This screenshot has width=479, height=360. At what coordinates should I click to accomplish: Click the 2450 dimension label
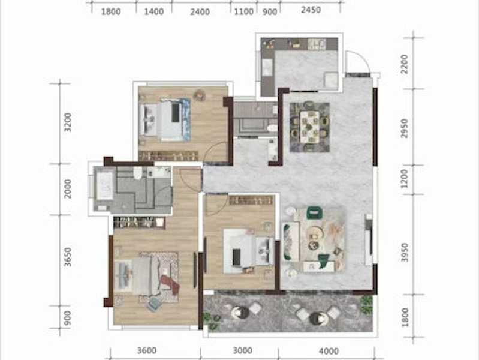[x=311, y=10]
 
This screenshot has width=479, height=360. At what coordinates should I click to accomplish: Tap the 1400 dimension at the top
[x=153, y=11]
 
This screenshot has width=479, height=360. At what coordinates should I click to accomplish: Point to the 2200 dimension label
[x=404, y=64]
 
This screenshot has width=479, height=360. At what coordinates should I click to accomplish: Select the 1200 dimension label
[x=404, y=179]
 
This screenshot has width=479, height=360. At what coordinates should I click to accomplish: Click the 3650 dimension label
[x=68, y=257]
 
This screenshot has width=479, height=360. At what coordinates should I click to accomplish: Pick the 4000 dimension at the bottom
[x=329, y=351]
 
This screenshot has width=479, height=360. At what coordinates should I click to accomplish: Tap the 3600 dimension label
[x=147, y=350]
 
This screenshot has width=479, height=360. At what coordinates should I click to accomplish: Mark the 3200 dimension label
[x=68, y=122]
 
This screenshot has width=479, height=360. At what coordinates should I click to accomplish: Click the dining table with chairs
[x=309, y=127]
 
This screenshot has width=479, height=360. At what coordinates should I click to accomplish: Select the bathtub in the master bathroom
[x=104, y=186]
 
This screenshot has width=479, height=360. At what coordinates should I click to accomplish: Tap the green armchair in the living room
[x=314, y=212]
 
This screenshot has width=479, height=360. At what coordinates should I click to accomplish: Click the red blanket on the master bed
[x=170, y=284]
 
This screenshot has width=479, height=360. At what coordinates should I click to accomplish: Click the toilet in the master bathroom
[x=138, y=173]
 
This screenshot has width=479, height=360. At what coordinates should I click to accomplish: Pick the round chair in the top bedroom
[x=200, y=95]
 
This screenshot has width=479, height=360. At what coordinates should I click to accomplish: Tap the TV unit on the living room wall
[x=369, y=239]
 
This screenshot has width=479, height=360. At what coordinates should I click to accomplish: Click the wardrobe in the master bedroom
[x=139, y=223]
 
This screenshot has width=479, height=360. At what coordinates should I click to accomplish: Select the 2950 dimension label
[x=404, y=128]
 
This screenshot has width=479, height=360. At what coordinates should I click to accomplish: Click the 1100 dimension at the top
[x=243, y=11]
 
